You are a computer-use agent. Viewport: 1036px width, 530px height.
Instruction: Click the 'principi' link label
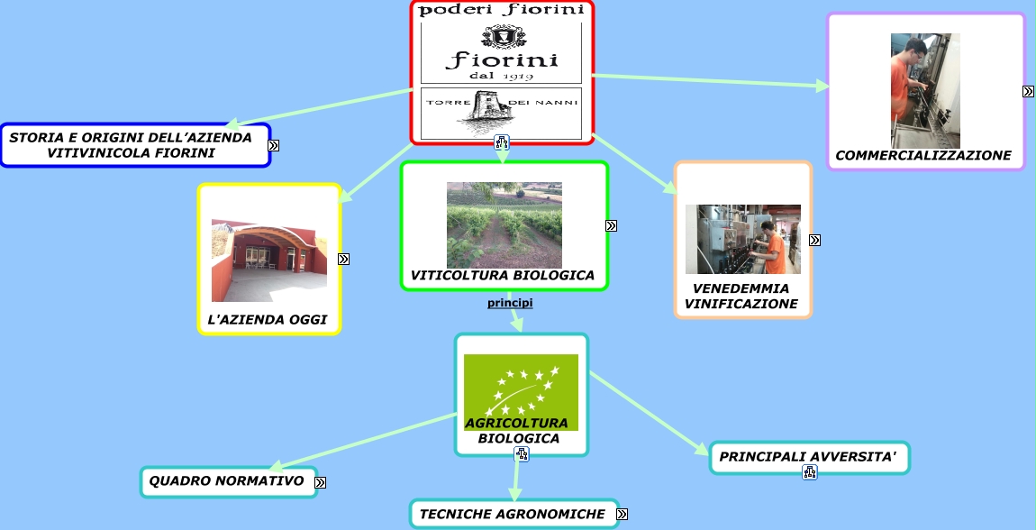point(510,303)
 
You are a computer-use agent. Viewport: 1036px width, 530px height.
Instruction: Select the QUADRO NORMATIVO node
point(226,481)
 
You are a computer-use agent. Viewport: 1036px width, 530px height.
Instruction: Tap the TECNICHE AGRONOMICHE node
point(511,514)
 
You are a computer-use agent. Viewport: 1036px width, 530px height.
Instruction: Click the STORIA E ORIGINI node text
point(131,145)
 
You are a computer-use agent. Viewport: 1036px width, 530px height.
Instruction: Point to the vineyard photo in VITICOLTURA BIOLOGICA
point(504,225)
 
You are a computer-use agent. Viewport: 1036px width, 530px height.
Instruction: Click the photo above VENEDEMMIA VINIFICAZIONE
point(742,239)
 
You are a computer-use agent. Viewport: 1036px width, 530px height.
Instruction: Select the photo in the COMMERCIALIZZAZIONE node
point(925,91)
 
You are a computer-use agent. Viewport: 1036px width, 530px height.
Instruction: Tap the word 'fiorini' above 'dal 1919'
point(501,61)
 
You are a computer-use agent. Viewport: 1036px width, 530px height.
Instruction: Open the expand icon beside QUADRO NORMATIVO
point(320,482)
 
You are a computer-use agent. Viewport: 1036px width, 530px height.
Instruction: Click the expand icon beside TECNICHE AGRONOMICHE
point(622,514)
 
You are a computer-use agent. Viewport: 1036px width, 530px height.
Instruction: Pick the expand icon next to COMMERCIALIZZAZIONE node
point(1028,91)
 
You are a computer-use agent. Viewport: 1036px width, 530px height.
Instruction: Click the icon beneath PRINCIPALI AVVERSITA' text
point(809,471)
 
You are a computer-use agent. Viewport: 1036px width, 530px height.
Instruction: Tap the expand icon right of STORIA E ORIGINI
point(273,144)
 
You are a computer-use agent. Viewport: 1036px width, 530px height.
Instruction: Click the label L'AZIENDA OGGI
point(267,320)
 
